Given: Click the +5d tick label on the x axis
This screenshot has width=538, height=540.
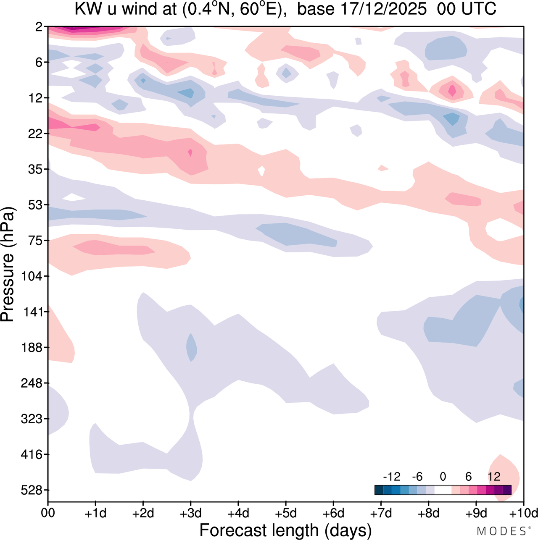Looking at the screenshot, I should coord(286,513).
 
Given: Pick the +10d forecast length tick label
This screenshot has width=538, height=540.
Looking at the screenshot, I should coord(524,513).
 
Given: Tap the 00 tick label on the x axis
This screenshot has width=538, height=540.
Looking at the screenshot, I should coord(48,513).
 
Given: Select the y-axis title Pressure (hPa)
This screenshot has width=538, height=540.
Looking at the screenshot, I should coord(8,265).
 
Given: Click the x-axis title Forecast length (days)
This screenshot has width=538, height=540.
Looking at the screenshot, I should coord(285,530).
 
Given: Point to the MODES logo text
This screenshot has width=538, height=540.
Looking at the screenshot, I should coord(501,531).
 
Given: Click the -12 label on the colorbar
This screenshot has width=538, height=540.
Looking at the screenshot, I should coord(391,477).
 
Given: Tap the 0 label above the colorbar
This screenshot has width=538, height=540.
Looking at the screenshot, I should coord(443,477).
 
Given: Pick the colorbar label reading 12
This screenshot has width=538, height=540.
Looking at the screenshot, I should coord(494,477).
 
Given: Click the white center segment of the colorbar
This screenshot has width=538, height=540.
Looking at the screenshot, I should coord(443,490).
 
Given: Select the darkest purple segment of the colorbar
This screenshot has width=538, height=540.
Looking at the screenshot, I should coord(507,490).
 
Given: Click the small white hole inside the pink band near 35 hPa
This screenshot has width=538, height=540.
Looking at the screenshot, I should coord(261,170).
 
